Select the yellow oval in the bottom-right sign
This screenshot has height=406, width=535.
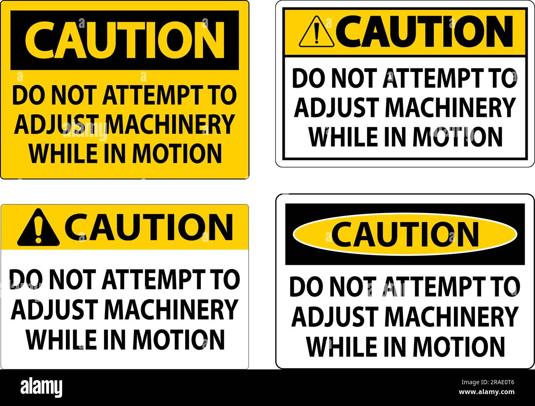coord(405,234)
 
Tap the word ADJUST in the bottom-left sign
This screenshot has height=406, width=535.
coord(53,309)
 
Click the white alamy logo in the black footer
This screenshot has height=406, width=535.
coord(42,387)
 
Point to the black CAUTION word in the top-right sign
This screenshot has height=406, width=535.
coord(427,31)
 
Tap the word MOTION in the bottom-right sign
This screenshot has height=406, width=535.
coord(459,346)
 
